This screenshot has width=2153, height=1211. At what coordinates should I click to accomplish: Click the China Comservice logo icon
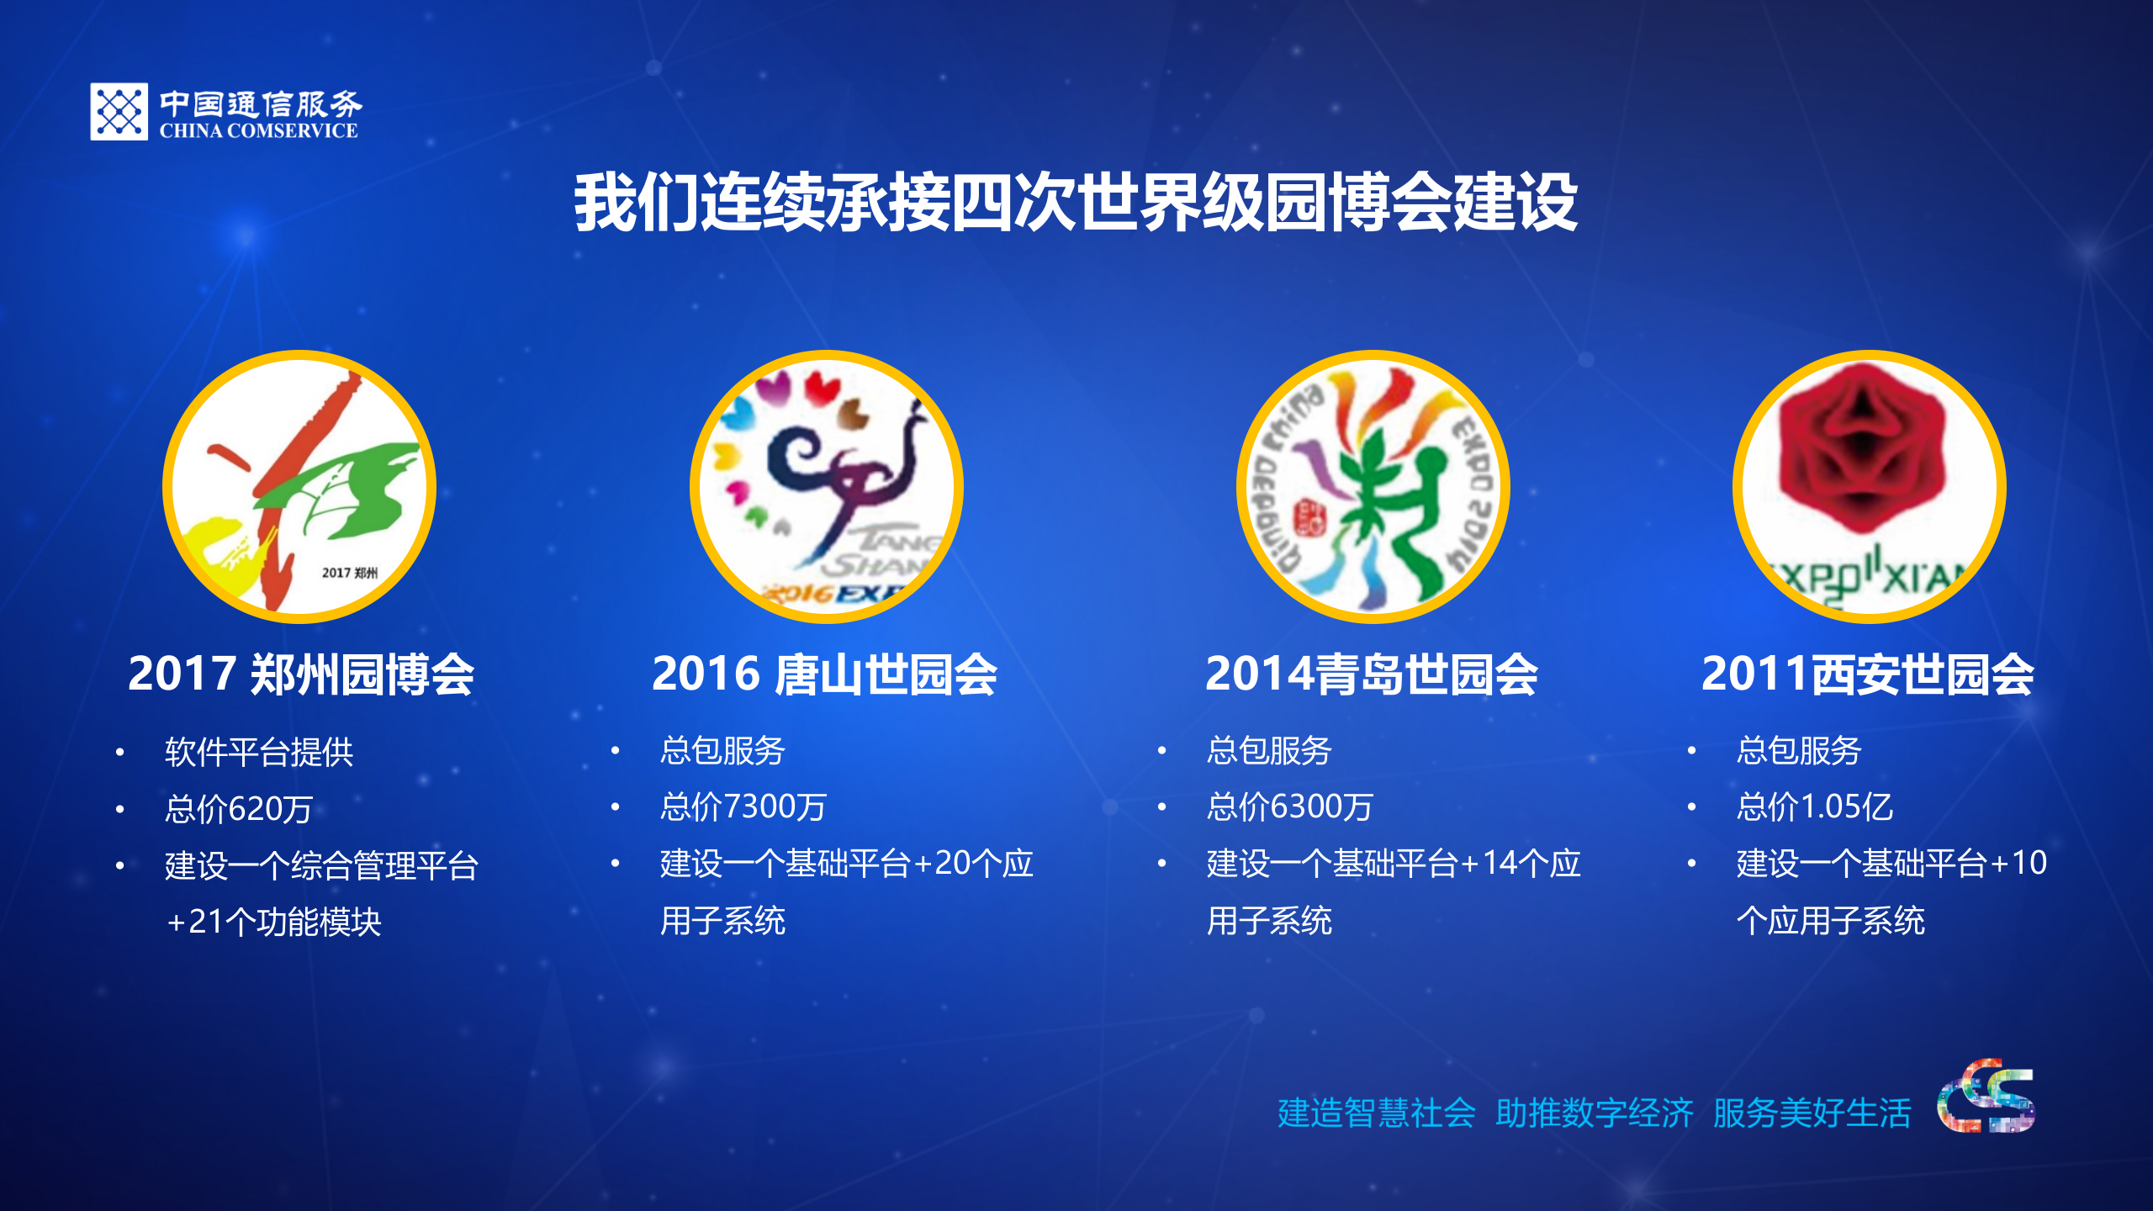tap(119, 111)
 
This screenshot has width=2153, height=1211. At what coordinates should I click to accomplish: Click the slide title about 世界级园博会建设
tap(1076, 202)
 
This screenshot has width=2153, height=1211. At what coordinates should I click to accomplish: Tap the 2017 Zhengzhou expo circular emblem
tap(299, 486)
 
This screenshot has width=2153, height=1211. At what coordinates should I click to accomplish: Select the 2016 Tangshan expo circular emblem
tap(827, 486)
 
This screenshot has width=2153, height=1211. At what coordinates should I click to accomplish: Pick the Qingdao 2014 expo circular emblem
tap(1373, 486)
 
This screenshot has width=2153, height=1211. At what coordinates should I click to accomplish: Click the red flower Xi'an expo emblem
tap(1869, 486)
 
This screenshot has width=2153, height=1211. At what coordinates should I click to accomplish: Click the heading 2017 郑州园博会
tap(301, 674)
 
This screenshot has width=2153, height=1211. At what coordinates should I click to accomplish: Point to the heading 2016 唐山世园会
tap(824, 674)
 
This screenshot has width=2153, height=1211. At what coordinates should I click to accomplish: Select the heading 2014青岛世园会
tap(1372, 674)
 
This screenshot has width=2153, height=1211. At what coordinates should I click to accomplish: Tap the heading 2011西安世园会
tap(1867, 674)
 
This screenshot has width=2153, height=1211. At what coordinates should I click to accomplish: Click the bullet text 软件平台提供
tap(259, 752)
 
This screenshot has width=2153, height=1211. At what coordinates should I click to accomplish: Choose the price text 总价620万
tap(239, 809)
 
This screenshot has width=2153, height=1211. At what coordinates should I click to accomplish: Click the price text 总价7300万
tap(743, 807)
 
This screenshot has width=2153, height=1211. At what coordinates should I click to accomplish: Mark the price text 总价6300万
tap(1289, 807)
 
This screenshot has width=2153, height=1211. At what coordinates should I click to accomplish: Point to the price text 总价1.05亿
tap(1815, 807)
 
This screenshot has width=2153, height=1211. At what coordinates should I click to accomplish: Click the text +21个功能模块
tap(274, 923)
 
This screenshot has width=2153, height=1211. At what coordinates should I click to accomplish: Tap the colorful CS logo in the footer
tap(1986, 1097)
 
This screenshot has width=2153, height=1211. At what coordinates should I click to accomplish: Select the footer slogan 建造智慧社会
tap(1377, 1113)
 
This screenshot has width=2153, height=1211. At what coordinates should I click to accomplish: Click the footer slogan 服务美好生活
tap(1812, 1113)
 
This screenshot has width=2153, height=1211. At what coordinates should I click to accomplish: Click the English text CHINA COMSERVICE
tap(259, 131)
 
